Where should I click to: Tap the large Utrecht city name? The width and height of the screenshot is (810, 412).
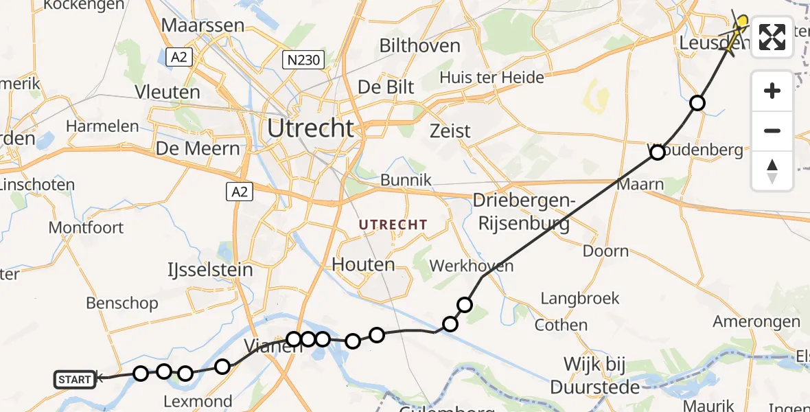click(x=310, y=128)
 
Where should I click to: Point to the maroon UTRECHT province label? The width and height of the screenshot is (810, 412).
click(x=393, y=225)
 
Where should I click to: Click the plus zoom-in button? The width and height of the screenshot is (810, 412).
click(x=772, y=91)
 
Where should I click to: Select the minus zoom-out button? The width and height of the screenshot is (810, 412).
click(x=772, y=130)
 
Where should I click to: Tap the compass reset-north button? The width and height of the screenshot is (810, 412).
click(x=772, y=170)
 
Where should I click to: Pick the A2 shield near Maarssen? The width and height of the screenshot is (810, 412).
click(x=179, y=58)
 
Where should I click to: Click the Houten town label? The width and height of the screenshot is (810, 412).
click(x=363, y=264)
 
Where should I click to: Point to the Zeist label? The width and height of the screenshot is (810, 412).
click(x=450, y=130)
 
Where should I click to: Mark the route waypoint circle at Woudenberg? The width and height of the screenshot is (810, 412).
click(x=657, y=152)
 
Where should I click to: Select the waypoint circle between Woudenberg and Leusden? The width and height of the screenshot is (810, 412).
click(x=697, y=103)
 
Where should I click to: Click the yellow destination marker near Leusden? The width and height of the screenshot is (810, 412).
click(x=741, y=22)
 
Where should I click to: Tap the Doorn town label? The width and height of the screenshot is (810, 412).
click(x=605, y=251)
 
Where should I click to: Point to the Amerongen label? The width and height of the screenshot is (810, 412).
click(x=756, y=321)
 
